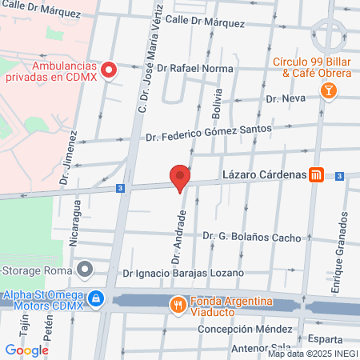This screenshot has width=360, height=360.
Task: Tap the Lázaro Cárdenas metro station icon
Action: (x=317, y=175)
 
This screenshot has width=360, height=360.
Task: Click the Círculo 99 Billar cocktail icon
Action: (x=327, y=93)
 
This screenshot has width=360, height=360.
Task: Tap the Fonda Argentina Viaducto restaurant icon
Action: (x=175, y=304)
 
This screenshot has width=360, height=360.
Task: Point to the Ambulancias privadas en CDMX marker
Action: (x=109, y=70)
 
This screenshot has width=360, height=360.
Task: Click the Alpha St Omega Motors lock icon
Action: (x=95, y=298)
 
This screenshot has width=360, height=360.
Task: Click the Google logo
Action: (x=27, y=350)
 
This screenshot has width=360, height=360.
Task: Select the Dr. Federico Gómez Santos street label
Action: (x=209, y=132)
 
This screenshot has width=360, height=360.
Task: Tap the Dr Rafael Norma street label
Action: (x=195, y=69)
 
